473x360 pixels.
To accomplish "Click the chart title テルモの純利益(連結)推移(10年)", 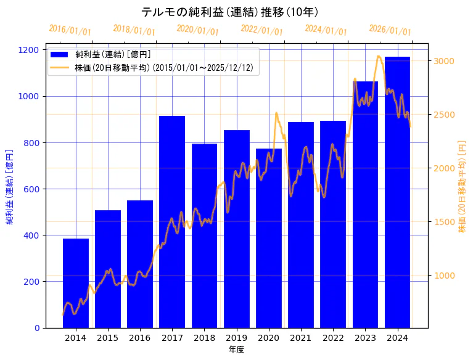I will click(x=230, y=12).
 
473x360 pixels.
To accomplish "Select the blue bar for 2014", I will click(x=76, y=283).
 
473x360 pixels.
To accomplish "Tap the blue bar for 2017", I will click(x=172, y=222).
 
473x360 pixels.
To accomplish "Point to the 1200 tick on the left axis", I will click(x=32, y=50).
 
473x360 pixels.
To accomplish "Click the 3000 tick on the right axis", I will click(x=445, y=61).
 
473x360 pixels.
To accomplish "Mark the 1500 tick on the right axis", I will click(x=445, y=221).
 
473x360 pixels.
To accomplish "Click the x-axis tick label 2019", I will click(x=237, y=338).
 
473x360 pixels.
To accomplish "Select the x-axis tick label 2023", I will click(x=365, y=338).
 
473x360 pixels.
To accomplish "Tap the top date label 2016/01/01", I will click(x=70, y=30).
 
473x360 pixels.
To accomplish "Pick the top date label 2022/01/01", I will click(x=262, y=30).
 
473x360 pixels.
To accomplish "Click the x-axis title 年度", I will click(x=237, y=350).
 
